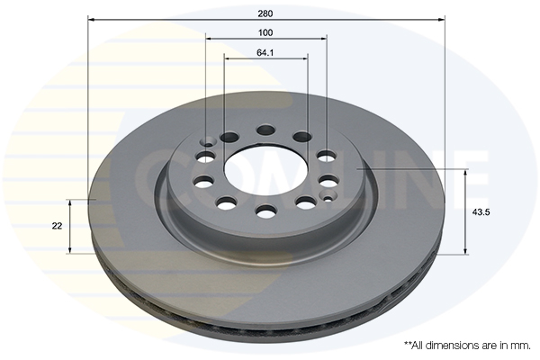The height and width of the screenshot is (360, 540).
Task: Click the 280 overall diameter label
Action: coord(265,13)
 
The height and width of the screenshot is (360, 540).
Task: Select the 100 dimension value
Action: coord(265,32)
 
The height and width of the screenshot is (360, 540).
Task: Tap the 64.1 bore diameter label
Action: coord(265,53)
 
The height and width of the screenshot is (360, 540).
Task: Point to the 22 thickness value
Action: coord(57,226)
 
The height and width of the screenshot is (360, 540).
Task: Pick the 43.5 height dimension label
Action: coord(481,212)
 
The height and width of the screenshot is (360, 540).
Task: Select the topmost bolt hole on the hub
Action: coord(265,130)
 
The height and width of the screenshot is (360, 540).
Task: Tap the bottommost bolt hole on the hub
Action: coord(266,211)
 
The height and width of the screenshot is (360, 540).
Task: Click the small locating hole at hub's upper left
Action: coord(209,141)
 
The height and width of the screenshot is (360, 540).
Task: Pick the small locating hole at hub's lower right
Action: coord(328,198)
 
